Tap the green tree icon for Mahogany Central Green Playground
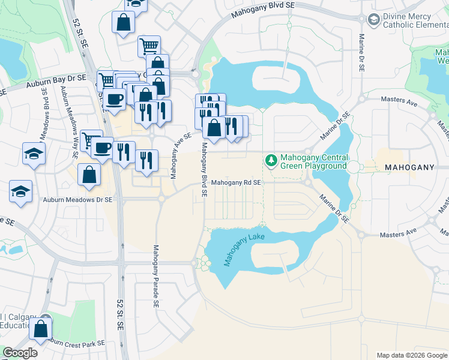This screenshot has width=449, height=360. coord(271,160)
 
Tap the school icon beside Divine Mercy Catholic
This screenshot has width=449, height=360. coord(374,20)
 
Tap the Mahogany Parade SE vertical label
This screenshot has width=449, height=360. coord(155,277)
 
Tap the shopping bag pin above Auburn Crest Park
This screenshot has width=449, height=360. coord(40,329)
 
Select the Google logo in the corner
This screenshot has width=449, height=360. coord(20,353)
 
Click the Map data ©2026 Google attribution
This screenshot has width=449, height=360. coord(411,355)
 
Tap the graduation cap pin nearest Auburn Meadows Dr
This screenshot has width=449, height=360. coord(21,191)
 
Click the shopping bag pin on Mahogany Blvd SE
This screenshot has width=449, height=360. coord(213,127)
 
